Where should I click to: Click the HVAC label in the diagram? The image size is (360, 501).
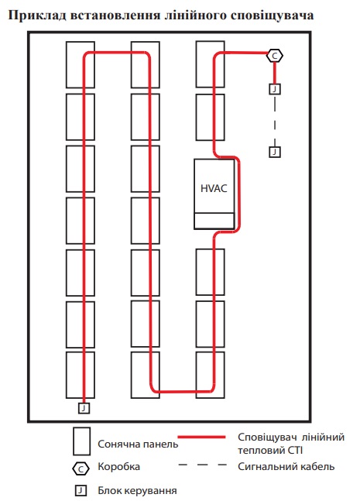tap(214, 188)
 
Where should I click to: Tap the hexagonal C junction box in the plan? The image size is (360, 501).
tap(274, 56)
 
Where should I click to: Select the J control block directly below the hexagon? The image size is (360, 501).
tap(274, 89)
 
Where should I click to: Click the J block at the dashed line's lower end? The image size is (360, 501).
tap(274, 152)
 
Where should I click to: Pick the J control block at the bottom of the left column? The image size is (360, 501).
tap(84, 408)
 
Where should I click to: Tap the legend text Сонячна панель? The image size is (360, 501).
tap(138, 444)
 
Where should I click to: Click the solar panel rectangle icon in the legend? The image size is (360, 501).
tap(81, 441)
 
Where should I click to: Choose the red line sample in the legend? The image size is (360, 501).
tap(201, 437)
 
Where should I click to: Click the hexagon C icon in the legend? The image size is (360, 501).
tap(81, 469)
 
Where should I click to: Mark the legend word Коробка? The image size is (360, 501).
tap(118, 467)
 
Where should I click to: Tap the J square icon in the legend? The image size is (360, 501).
tap(81, 490)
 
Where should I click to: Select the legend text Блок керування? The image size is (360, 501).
tap(137, 491)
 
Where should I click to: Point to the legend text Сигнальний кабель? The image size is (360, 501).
tap(286, 467)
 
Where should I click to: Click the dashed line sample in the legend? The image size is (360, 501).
tap(202, 465)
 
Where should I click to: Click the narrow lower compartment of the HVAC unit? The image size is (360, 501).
tap(214, 221)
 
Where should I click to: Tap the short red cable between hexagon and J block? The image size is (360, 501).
tap(274, 73)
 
